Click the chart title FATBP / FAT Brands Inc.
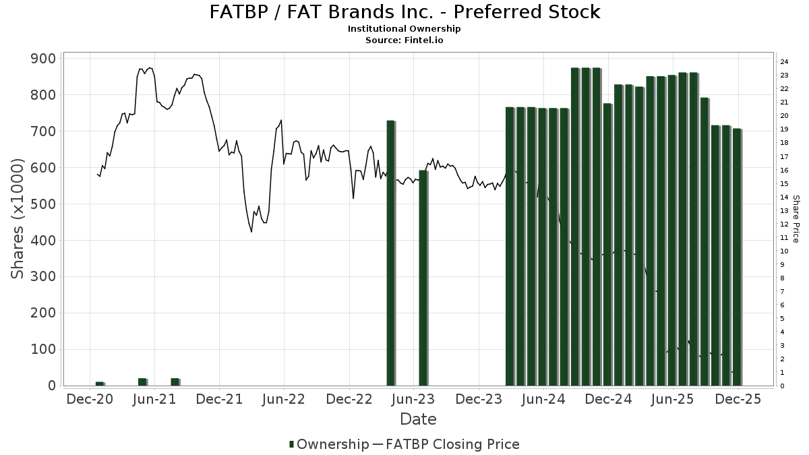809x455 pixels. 404,12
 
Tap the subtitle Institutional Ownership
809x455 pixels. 404,29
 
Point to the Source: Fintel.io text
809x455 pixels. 404,40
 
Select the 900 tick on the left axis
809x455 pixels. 44,59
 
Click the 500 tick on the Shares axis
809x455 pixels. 44,204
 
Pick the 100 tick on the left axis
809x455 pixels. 44,350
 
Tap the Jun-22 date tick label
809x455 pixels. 284,400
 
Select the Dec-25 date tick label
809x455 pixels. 738,400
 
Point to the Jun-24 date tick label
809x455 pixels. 543,400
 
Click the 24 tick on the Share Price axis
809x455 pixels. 784,62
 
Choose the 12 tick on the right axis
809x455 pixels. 784,224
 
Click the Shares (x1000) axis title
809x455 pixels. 18,218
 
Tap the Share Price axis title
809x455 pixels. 796,218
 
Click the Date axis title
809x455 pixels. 418,419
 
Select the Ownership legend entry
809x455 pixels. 328,444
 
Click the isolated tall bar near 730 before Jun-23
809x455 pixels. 390,253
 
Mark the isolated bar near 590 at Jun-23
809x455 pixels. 423,278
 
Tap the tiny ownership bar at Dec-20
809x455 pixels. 100,384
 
